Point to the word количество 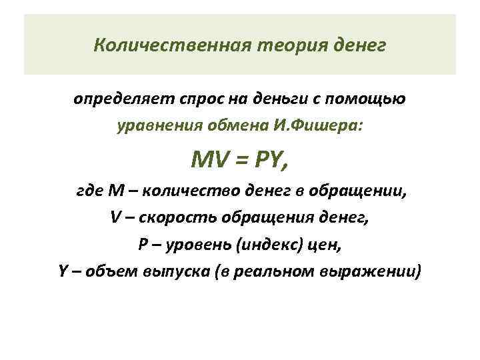coord(176,192)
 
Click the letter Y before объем coord(63,272)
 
